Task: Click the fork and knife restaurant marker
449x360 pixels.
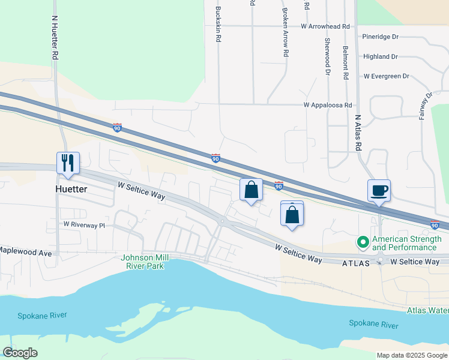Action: point(68,163)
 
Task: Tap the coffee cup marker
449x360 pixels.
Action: point(379,191)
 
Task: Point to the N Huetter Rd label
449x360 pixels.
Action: point(55,37)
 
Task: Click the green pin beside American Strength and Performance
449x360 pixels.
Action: point(363,243)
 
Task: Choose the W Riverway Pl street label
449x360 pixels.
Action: point(84,225)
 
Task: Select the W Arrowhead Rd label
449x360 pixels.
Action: point(325,26)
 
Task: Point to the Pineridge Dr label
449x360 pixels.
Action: point(381,37)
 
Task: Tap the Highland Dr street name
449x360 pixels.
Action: point(381,56)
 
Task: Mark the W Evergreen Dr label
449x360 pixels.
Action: point(386,76)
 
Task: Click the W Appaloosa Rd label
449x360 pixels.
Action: point(327,105)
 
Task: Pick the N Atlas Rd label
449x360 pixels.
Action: point(358,133)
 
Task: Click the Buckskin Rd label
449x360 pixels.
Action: point(219,24)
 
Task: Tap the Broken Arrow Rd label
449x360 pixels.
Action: point(286,32)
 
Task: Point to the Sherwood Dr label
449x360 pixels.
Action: point(328,56)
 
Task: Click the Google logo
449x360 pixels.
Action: point(20,353)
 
